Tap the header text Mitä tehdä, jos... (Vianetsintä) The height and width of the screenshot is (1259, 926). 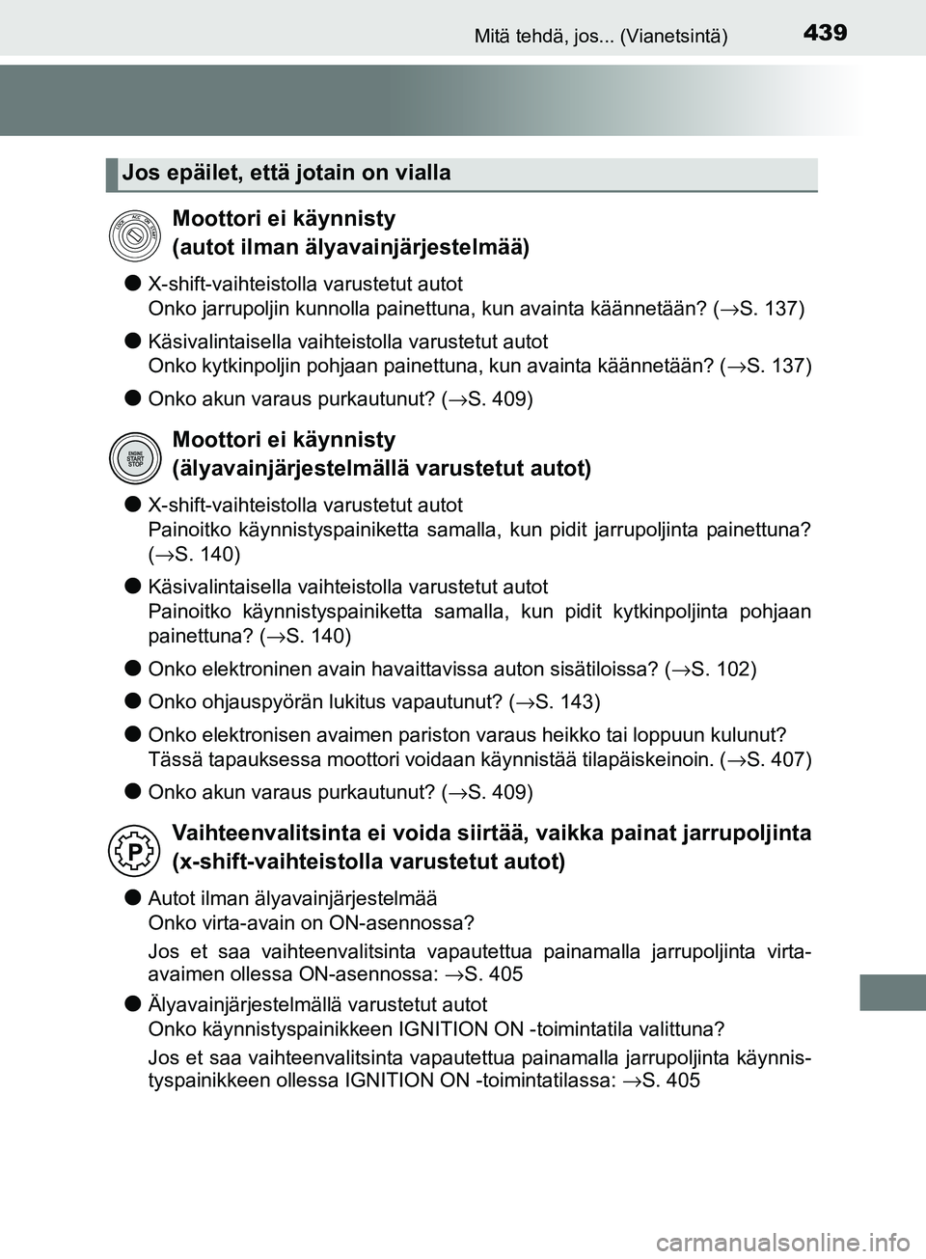point(601,37)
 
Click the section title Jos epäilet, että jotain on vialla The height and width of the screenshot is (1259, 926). point(287,174)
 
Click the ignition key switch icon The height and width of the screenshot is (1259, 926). point(134,234)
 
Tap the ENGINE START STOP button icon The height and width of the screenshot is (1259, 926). point(134,455)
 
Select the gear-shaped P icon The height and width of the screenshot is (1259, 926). point(134,848)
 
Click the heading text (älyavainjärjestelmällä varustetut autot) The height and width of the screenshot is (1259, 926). point(381,469)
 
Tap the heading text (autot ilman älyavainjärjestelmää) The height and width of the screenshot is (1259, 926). point(350,248)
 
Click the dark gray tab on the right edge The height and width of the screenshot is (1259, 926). point(891,945)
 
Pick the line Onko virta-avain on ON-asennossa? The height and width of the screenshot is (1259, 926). point(311,922)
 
